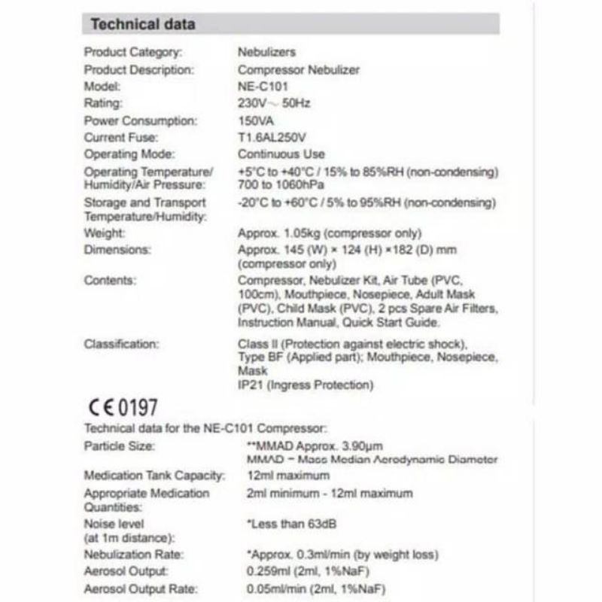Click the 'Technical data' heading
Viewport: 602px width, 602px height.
142,24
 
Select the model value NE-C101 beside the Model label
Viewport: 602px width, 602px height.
263,87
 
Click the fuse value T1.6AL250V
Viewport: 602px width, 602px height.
272,137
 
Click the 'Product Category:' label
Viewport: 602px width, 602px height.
132,53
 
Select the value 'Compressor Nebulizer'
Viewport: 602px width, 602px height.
298,69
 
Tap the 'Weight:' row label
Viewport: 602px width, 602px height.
105,233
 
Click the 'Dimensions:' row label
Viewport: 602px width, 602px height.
117,250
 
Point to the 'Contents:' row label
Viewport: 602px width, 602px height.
111,281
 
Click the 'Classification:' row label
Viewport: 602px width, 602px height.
122,345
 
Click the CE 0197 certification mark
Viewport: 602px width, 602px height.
123,408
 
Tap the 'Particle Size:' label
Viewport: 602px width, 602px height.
120,446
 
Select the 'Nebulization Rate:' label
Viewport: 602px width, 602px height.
132,555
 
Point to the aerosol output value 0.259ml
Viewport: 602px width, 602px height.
261,573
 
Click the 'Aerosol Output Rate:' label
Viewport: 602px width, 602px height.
141,589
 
